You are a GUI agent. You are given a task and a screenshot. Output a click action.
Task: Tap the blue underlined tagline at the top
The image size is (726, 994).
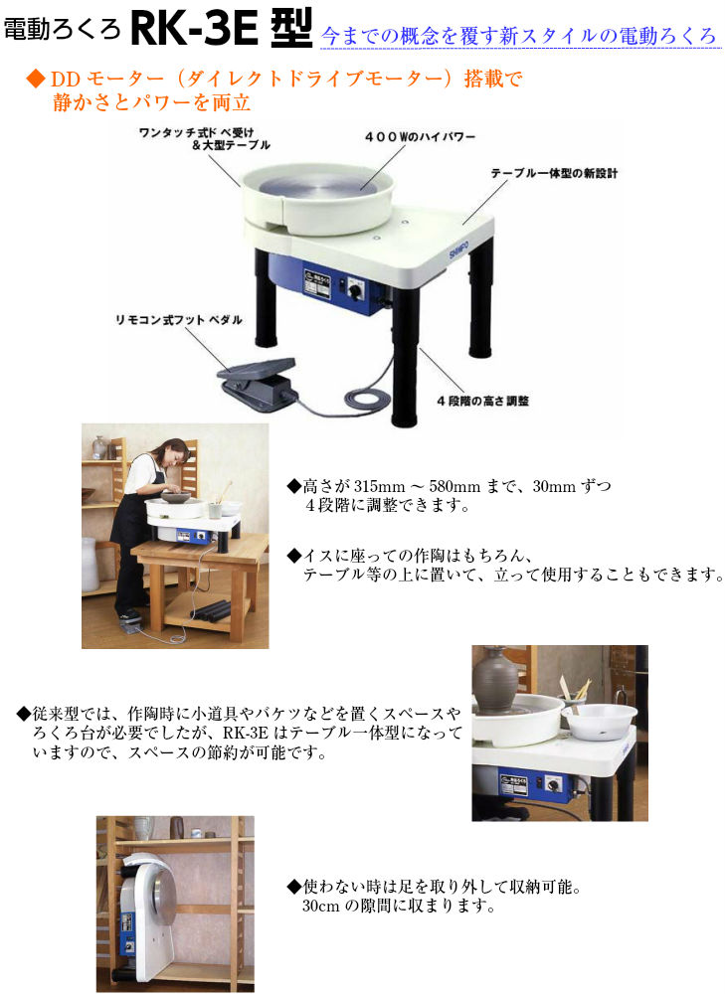[x=519, y=37]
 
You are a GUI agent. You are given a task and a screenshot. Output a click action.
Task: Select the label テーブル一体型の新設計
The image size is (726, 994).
[x=554, y=174]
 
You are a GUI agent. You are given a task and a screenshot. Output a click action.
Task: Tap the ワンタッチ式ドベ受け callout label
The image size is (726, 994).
[x=190, y=138]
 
